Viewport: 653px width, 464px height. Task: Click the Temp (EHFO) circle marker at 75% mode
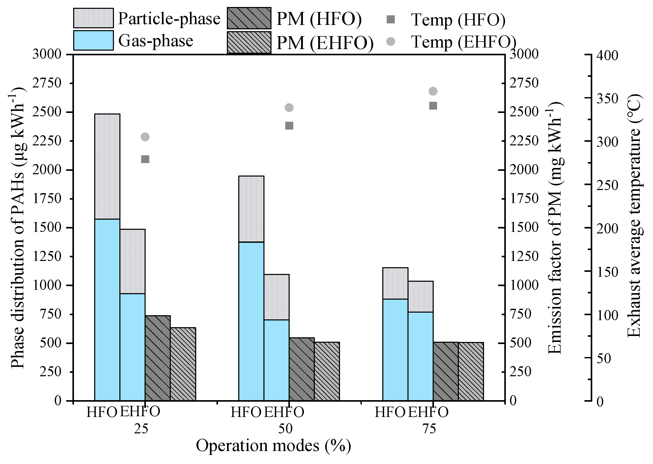coord(433,91)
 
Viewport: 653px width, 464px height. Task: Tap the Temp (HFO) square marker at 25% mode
coord(145,159)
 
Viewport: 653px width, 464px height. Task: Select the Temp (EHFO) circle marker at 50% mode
coord(289,108)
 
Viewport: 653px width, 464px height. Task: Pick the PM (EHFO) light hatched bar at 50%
coord(327,371)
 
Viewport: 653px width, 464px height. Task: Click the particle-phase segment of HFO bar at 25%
coord(107,167)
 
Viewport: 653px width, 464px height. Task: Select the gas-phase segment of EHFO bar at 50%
coord(276,360)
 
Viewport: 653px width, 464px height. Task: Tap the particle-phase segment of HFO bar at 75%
coord(395,284)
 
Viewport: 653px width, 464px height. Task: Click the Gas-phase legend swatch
coord(93,41)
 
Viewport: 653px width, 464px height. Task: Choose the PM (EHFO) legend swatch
coord(249,42)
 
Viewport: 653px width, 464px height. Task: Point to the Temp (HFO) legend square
coord(390,19)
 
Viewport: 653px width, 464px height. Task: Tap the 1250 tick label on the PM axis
coord(524,256)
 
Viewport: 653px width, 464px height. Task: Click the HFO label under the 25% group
coord(102,412)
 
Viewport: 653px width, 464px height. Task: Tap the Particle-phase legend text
coord(169,19)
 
